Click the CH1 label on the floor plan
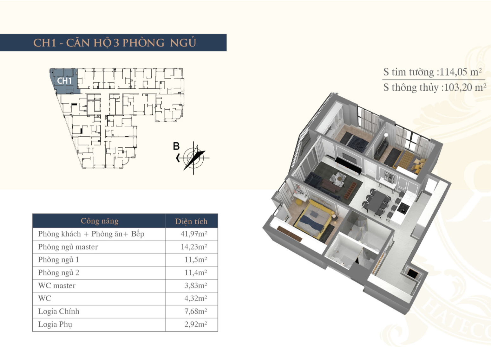coord(64,81)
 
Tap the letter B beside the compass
coord(176,146)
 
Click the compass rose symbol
coord(193,158)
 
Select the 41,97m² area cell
coord(194,234)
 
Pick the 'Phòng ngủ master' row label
coord(68,247)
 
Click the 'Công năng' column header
coord(100,221)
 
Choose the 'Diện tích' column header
coord(191,222)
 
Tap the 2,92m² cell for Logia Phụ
coord(196,324)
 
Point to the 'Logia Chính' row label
coord(59,312)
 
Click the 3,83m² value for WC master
coord(196,286)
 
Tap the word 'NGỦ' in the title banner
coord(183,43)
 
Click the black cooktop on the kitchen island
coord(403,208)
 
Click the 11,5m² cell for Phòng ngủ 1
coord(196,260)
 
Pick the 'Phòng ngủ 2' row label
coord(59,273)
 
